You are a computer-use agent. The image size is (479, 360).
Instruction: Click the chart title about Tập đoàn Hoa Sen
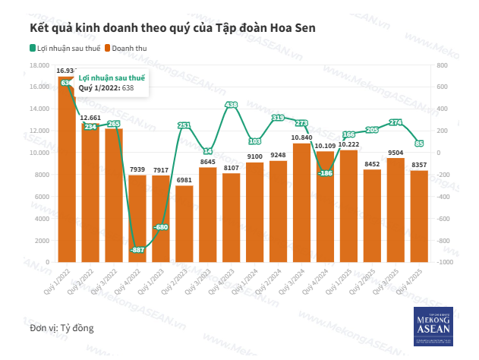pos(172,28)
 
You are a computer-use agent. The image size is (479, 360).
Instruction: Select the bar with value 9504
pos(395,210)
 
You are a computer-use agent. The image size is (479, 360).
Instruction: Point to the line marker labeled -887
pos(137,250)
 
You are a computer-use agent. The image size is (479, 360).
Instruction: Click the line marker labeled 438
pos(232,105)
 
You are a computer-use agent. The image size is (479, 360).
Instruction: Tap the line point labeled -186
pos(325,173)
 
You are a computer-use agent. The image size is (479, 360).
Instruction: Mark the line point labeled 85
pos(419,143)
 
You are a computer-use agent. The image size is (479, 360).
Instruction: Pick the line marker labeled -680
pos(161,227)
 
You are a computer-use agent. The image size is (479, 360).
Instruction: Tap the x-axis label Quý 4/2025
pos(413,279)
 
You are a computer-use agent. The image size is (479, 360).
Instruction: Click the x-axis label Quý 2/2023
pos(178,279)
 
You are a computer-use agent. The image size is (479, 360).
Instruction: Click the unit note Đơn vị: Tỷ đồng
pos(62,328)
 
